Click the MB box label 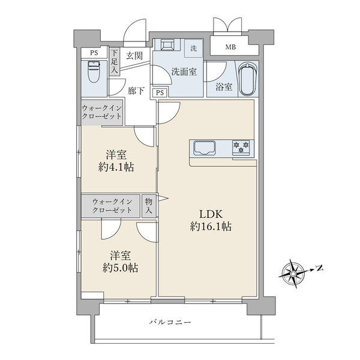(x=230, y=47)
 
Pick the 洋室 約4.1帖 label (x=117, y=160)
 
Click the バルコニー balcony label (x=170, y=323)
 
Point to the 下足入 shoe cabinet (x=114, y=62)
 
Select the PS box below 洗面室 (x=160, y=92)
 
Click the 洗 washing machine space (x=193, y=47)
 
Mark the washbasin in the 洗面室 (x=166, y=46)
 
